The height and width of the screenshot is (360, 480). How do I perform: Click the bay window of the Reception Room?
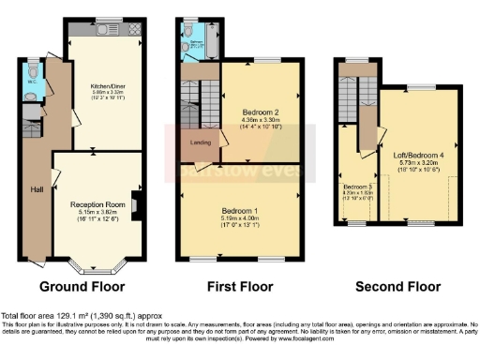[x=97, y=265]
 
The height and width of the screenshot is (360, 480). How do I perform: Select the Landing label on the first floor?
[x=202, y=142]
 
